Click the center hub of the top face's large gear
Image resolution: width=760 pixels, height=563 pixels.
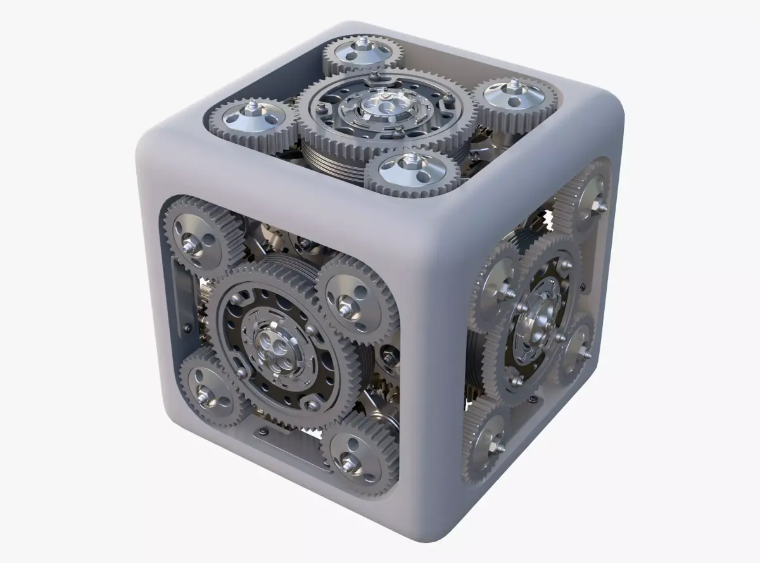point(383,108)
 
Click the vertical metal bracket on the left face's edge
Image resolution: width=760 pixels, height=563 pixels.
point(180,298)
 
